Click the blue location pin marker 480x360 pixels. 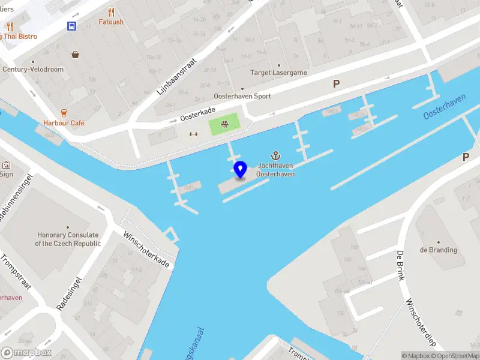[x=241, y=169]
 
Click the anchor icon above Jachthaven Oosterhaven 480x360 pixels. [x=276, y=155]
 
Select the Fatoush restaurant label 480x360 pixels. [x=111, y=22]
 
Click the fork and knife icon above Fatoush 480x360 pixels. [x=111, y=11]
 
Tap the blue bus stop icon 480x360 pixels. [x=72, y=26]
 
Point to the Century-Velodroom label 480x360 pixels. [x=33, y=70]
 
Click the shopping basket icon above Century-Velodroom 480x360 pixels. [x=76, y=55]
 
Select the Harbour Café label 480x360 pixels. [x=64, y=123]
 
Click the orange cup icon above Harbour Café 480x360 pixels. [x=64, y=112]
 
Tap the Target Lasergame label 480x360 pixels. [x=278, y=73]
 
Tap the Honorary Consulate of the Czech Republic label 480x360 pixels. [x=68, y=239]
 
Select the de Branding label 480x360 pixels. [x=439, y=250]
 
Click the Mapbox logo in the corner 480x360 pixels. [x=26, y=353]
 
